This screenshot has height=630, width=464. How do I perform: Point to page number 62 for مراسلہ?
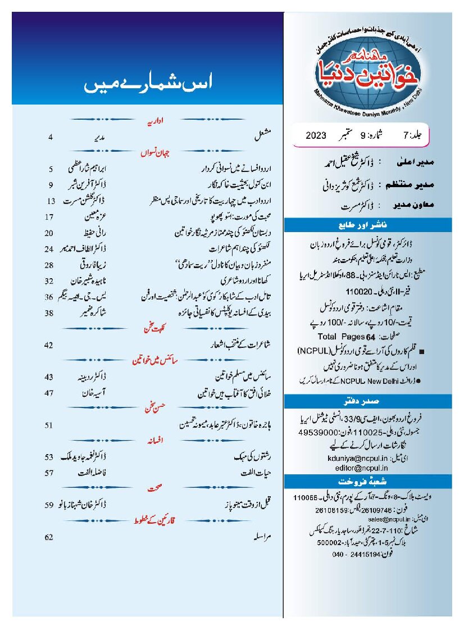tap(49, 537)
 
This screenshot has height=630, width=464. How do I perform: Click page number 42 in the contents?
tap(49, 345)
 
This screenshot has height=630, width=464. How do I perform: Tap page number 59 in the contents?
tap(49, 505)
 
